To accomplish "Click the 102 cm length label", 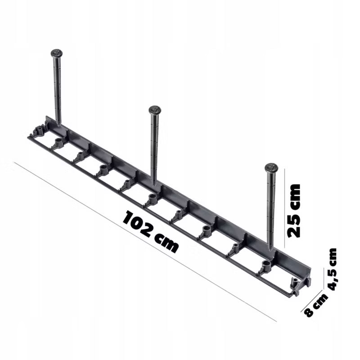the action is pyautogui.click(x=151, y=232).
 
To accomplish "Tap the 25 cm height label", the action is pyautogui.click(x=294, y=211).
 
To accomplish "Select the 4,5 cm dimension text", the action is pyautogui.click(x=330, y=269).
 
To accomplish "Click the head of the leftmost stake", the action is pyautogui.click(x=57, y=54).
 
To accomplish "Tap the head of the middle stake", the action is pyautogui.click(x=155, y=110).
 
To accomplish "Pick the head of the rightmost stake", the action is pyautogui.click(x=271, y=167).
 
